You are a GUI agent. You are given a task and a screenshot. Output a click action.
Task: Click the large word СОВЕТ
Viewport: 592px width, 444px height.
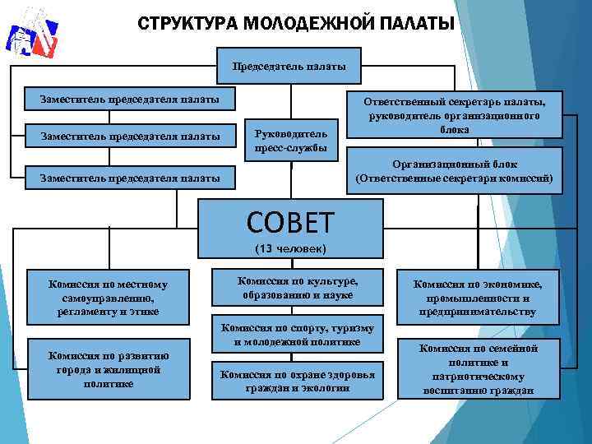pyautogui.click(x=290, y=221)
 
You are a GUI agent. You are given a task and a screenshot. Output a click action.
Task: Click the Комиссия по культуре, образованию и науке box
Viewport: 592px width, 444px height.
pyautogui.click(x=297, y=285)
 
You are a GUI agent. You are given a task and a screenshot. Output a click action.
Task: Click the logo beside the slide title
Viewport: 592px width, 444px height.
pyautogui.click(x=31, y=39)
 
